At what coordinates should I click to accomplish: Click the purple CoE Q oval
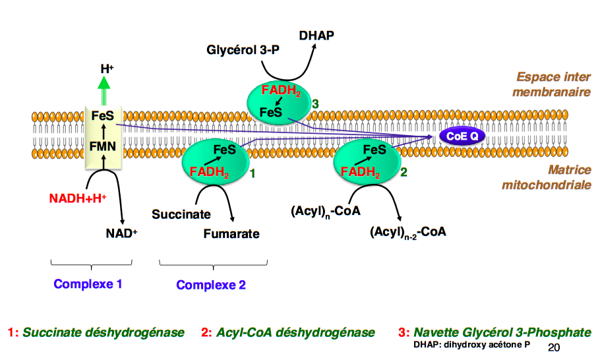[462, 136]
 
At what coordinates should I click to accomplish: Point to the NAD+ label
[121, 233]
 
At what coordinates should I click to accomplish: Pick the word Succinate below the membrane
[181, 214]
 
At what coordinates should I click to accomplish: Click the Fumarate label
[231, 233]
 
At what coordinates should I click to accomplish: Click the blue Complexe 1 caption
[88, 285]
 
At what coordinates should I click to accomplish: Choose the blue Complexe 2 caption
[211, 285]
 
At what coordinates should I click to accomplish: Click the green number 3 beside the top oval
[315, 104]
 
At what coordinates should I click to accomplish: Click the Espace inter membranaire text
[553, 85]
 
